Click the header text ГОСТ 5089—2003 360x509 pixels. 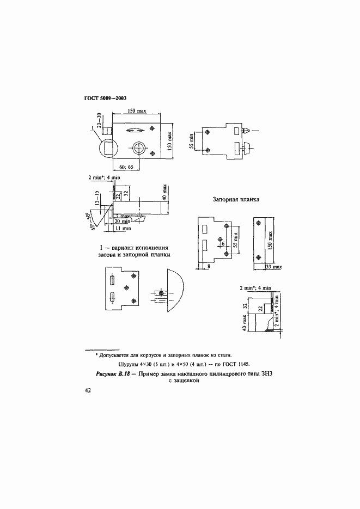[x=105, y=99]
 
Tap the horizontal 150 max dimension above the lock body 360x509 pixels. [x=136, y=111]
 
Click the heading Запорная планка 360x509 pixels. [x=235, y=200]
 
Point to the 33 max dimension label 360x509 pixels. [x=272, y=267]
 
